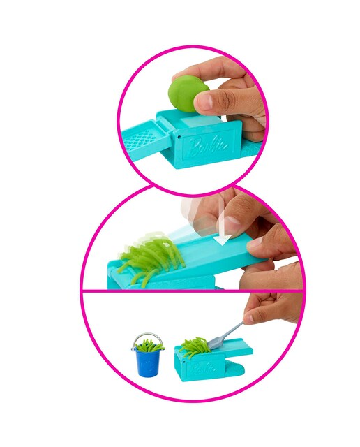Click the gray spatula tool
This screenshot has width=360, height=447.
(224, 335)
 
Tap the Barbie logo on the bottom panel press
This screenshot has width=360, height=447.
(203, 369)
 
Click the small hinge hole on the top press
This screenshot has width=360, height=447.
(179, 137)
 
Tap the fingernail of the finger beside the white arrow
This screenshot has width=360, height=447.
(232, 225)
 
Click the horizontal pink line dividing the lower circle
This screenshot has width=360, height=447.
(191, 291)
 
